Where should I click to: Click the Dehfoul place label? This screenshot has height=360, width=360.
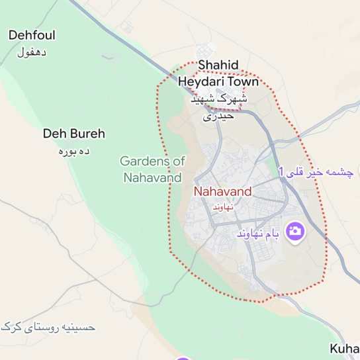pyautogui.click(x=32, y=36)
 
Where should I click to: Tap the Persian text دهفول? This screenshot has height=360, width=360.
pyautogui.click(x=32, y=52)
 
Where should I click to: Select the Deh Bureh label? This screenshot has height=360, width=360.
pyautogui.click(x=74, y=134)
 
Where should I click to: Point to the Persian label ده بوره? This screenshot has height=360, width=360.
pyautogui.click(x=74, y=150)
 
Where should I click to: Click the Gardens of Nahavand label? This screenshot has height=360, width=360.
pyautogui.click(x=152, y=169)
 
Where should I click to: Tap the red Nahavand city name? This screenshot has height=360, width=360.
pyautogui.click(x=222, y=192)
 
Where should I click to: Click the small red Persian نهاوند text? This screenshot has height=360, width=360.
pyautogui.click(x=222, y=206)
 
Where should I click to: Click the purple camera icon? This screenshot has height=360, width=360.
pyautogui.click(x=295, y=231)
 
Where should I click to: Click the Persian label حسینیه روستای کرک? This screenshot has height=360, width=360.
pyautogui.click(x=48, y=326)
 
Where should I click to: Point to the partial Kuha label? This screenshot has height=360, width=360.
pyautogui.click(x=344, y=348)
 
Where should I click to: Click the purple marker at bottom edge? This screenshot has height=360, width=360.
pyautogui.click(x=183, y=358)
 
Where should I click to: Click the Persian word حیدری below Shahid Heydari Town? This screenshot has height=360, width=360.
pyautogui.click(x=218, y=116)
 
